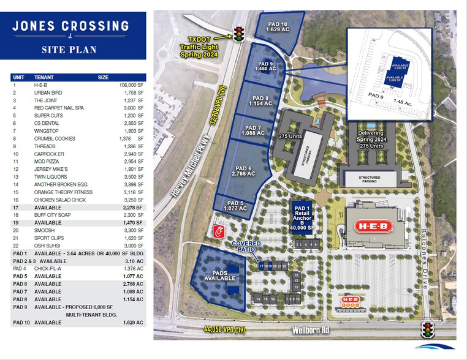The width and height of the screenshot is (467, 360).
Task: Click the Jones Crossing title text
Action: tap(72, 26)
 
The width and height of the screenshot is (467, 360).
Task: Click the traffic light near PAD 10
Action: tap(238, 33)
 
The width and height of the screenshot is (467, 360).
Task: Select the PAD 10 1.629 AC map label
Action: tap(276, 26)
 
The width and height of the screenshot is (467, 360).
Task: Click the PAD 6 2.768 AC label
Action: tap(243, 171)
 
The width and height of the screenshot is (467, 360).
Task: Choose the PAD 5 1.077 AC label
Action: tap(235, 206)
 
